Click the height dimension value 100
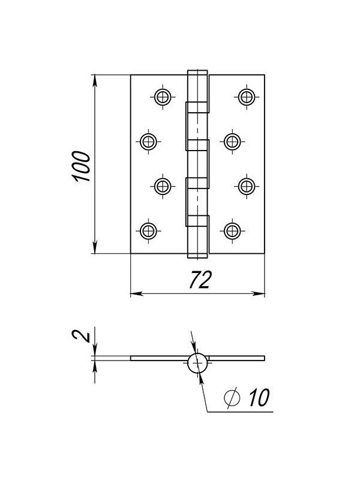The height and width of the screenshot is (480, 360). tap(82, 166)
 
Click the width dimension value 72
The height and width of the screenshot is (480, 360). tap(200, 280)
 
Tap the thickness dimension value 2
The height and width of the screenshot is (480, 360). tap(81, 337)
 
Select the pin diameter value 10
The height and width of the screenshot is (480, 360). tap(259, 398)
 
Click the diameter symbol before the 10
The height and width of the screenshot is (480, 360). tap(232, 398)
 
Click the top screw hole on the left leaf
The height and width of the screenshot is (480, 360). tap(163, 97)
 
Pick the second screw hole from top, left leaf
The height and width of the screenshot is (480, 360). tap(148, 142)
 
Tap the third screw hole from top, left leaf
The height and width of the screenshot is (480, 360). tap(163, 186)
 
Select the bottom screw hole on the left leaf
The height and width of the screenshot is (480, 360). tap(148, 231)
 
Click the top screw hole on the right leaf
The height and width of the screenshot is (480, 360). tap(247, 97)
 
